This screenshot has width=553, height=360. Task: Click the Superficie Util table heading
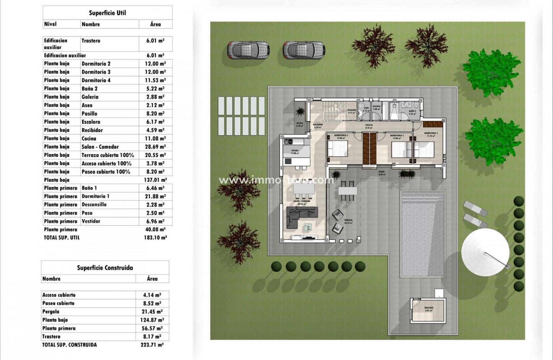point(107,13)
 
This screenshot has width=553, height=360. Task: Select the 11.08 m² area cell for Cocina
point(155,139)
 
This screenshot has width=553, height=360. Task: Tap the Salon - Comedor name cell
point(100,147)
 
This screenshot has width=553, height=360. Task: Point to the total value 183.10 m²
point(155,237)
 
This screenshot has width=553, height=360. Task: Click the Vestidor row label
point(91,221)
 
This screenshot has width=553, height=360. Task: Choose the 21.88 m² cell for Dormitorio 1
point(155,197)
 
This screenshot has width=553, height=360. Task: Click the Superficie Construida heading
point(105,267)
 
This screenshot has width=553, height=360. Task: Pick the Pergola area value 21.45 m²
point(152,312)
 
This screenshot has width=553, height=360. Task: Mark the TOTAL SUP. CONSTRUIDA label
point(70,345)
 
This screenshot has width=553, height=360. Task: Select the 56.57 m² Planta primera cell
point(152,329)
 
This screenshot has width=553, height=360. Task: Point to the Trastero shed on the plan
point(428,311)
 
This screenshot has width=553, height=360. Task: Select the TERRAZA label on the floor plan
point(348,220)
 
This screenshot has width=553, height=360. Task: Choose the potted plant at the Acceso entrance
point(300,111)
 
